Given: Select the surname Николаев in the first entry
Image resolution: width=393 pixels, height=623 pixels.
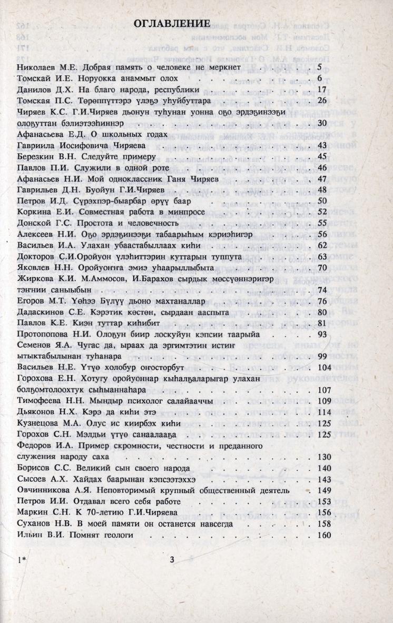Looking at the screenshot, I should (x=37, y=68).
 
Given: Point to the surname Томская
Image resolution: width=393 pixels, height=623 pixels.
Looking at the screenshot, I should (x=35, y=100).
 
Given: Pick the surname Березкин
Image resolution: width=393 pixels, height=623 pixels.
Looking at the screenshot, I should (x=37, y=156).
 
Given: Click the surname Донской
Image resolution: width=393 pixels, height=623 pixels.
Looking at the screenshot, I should (x=35, y=223).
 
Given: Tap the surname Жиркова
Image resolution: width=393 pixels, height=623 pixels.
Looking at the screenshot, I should (x=35, y=278).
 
